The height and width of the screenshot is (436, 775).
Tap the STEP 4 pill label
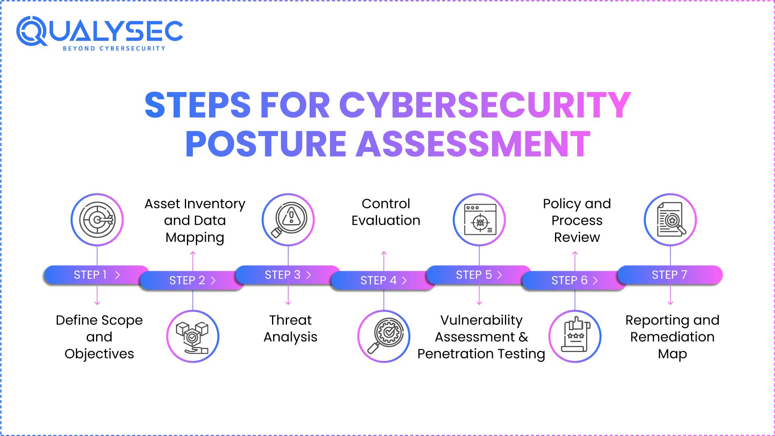pos(378,281)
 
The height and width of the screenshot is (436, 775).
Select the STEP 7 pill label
pos(669,275)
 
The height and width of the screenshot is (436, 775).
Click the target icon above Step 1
pos(97,220)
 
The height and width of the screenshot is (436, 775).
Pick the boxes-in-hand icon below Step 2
pos(193,337)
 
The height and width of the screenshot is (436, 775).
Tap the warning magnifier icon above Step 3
pos(288,220)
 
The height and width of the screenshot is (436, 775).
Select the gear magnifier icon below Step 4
pos(384,337)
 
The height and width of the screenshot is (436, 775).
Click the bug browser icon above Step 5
pos(480,220)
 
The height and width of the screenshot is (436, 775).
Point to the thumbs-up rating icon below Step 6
pos(575,337)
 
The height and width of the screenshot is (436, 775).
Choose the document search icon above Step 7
pos(670,220)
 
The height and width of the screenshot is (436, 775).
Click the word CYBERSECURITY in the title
pos(484,105)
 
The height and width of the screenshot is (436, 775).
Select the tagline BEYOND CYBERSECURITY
pos(114,48)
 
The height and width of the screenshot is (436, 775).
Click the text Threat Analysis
pos(290,329)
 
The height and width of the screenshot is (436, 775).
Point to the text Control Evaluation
pos(385,212)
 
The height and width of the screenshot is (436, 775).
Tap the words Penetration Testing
pos(481,354)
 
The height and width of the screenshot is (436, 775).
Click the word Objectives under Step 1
pos(99,354)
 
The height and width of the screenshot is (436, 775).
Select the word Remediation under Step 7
pos(672,337)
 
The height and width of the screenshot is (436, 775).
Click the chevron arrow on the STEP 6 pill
pos(595,281)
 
